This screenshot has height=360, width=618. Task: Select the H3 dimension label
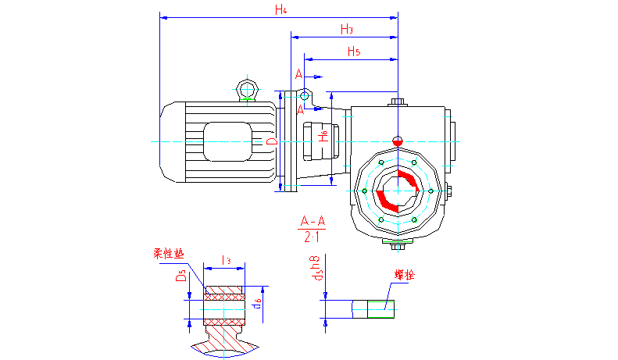[x=348, y=30]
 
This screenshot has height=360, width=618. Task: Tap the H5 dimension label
[x=353, y=52]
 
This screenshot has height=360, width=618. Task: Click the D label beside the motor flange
[x=270, y=142]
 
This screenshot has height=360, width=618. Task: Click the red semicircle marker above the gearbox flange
[x=398, y=141]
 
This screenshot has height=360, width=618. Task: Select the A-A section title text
[x=313, y=222]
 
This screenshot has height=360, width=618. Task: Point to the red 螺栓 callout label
[x=405, y=275]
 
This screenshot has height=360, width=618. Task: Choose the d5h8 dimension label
[x=316, y=268]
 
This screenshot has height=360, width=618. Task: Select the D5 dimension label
[x=180, y=276]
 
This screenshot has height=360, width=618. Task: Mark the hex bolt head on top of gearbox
[x=398, y=102]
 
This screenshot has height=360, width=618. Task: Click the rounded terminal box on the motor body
[x=229, y=141]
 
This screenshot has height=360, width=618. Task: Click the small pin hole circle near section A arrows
[x=303, y=94]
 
